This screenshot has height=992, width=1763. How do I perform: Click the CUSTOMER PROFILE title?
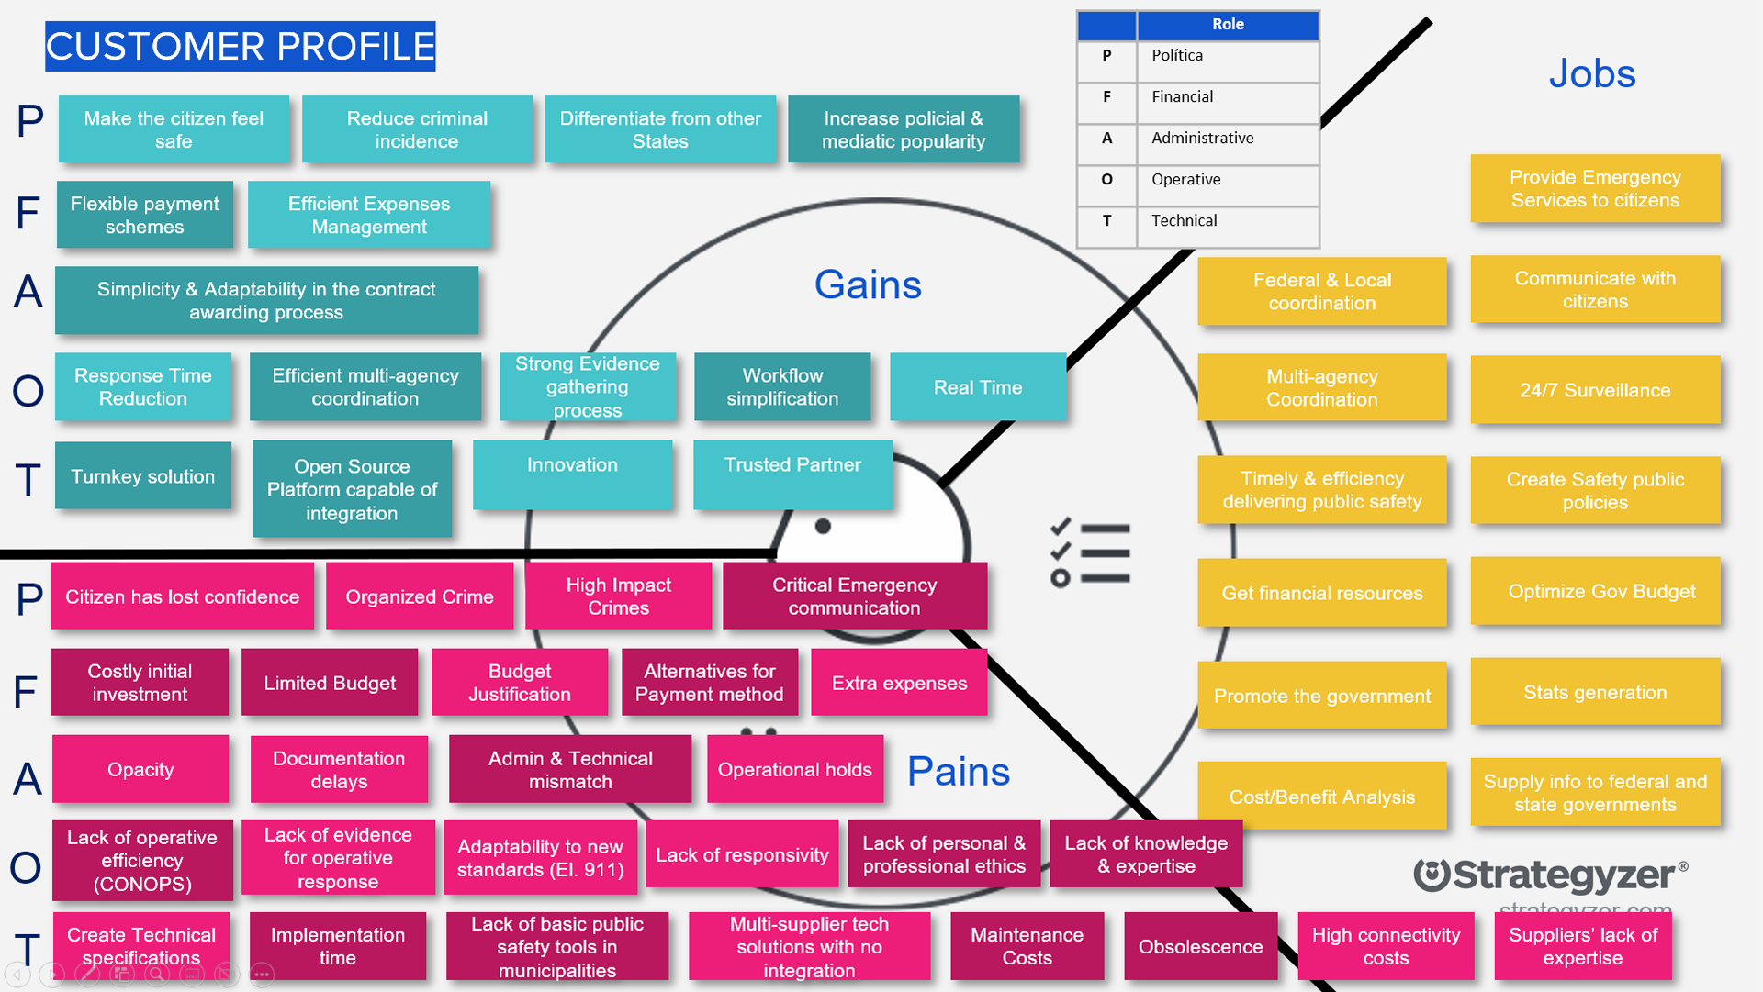coord(241,47)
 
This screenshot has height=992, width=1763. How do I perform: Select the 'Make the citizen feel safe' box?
coord(174,129)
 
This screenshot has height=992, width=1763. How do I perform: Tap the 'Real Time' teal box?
coord(978,387)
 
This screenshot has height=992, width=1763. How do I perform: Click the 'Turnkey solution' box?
coord(143,475)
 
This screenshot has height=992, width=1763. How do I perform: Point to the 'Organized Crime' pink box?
coord(420,596)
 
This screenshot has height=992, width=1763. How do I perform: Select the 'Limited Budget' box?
coord(330,683)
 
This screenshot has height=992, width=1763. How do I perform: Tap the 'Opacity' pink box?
coord(140,769)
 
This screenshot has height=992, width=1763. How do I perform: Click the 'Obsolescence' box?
coord(1200,946)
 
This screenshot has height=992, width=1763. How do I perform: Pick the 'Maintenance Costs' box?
coord(1027,946)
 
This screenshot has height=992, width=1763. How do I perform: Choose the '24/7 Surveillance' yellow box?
coord(1595,390)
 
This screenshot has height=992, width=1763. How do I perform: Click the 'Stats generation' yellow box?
coord(1595,692)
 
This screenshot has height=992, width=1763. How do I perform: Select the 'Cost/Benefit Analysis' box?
coord(1322,797)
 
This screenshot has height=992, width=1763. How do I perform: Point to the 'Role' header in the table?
coord(1228,25)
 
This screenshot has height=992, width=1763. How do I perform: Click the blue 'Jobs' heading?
coord(1592,73)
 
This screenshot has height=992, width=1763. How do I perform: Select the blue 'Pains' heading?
coord(959,771)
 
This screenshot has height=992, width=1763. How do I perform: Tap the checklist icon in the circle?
coord(1090,553)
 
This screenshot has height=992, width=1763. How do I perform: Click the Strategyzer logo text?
coord(1551,875)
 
